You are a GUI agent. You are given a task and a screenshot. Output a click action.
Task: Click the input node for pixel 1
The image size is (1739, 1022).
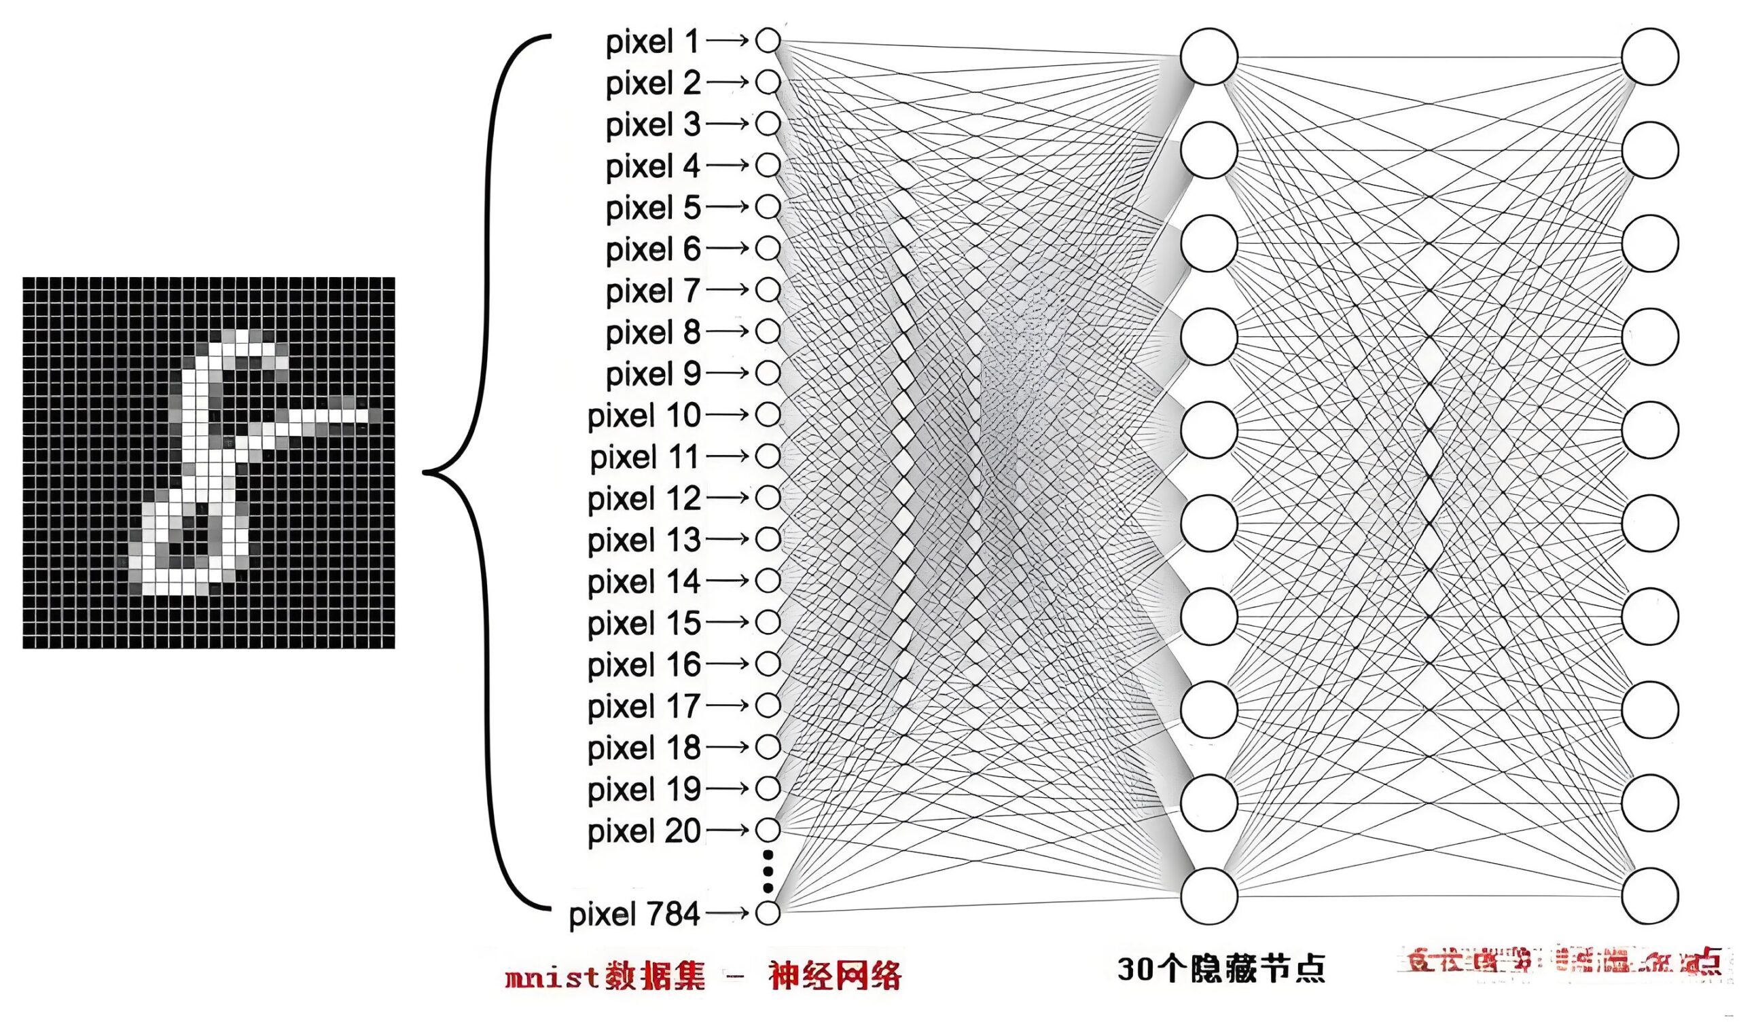(x=768, y=41)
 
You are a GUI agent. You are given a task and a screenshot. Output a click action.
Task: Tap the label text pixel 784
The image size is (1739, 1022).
(x=634, y=914)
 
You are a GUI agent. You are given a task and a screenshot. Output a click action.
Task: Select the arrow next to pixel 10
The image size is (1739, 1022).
(x=728, y=415)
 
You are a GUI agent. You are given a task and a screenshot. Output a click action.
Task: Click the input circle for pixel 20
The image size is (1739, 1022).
(x=768, y=829)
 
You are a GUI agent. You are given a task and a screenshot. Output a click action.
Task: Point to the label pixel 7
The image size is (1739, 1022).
(x=653, y=291)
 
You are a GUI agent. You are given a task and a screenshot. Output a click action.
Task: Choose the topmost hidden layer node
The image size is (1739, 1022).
(x=1208, y=56)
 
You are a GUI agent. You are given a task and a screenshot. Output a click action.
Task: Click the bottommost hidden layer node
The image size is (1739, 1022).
(x=1208, y=896)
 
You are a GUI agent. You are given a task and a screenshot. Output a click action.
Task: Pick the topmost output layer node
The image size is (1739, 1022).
(x=1649, y=56)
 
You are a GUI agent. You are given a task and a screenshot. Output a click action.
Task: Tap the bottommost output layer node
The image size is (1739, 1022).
(x=1649, y=896)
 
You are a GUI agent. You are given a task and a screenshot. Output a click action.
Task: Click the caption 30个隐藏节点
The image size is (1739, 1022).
(x=1221, y=968)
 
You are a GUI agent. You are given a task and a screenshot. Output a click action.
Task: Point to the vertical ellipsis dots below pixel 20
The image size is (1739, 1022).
(x=768, y=871)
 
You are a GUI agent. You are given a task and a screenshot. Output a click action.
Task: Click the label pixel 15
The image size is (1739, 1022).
(x=644, y=623)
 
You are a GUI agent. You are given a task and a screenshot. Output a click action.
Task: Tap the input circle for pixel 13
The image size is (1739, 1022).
(x=768, y=539)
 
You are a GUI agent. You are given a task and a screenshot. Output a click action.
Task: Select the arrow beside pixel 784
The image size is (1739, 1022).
(x=728, y=913)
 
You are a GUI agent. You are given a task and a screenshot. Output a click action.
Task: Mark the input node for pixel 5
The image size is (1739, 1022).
(x=768, y=206)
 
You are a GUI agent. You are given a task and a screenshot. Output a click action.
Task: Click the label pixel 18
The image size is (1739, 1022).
(x=644, y=748)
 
